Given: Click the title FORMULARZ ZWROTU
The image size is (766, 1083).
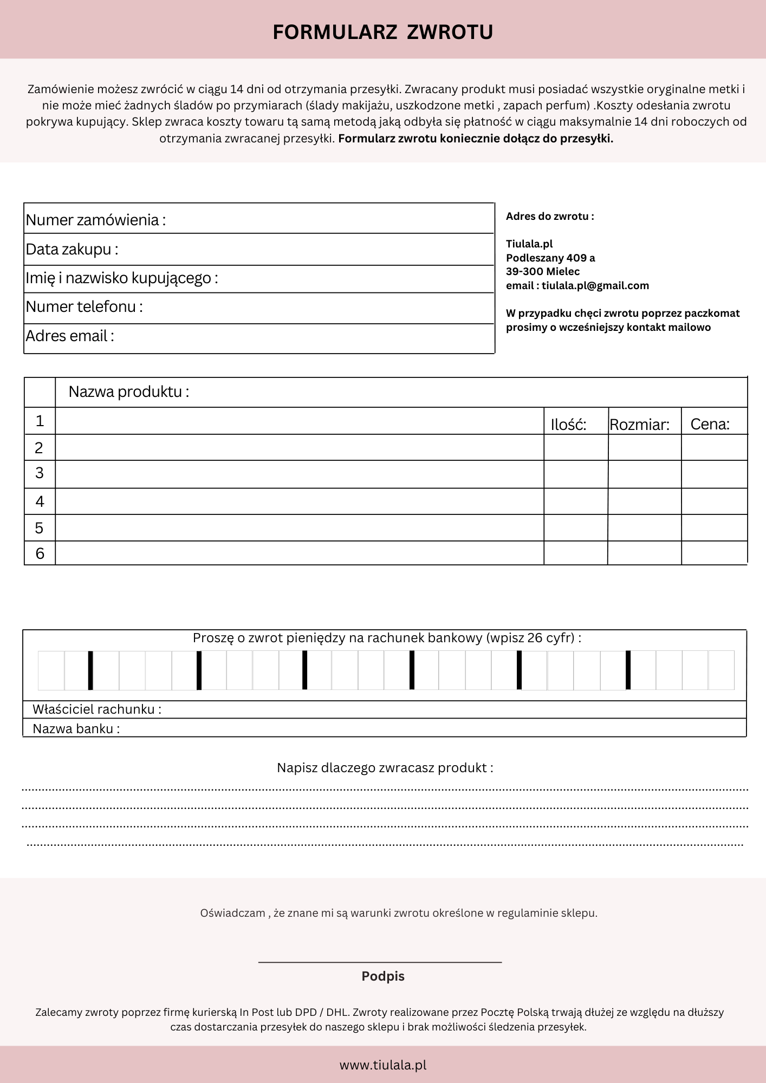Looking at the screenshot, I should click(382, 32).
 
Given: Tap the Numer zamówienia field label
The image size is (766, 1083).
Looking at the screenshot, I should click(96, 220).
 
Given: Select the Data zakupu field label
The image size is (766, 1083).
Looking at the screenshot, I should click(72, 249).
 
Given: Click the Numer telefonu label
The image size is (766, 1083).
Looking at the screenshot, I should click(85, 306).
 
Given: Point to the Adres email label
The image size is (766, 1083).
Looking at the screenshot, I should click(70, 336).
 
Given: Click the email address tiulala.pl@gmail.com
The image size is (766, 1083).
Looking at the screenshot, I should click(595, 285).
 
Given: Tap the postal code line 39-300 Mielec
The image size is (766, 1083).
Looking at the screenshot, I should click(543, 271).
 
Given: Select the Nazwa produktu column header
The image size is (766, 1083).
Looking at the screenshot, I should click(129, 392).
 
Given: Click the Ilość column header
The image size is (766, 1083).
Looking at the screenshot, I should click(568, 425).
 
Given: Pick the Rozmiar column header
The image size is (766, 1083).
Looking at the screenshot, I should click(639, 425).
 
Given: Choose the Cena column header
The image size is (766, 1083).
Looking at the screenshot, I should click(710, 424).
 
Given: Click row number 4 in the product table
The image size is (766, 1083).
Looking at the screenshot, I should click(40, 501).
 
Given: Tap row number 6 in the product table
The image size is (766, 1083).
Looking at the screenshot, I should click(40, 553).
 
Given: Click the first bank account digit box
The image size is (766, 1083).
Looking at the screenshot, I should click(51, 670).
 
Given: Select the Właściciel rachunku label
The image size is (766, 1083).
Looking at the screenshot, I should click(97, 709).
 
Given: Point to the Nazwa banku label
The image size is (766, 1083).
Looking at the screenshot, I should click(76, 729).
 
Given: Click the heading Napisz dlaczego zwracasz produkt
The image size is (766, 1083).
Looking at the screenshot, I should click(385, 768).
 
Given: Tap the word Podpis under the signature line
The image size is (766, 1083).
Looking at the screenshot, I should click(383, 976).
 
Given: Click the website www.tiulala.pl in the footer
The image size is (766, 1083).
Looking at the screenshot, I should click(383, 1065).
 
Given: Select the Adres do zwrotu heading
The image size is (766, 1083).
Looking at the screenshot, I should click(550, 216).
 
